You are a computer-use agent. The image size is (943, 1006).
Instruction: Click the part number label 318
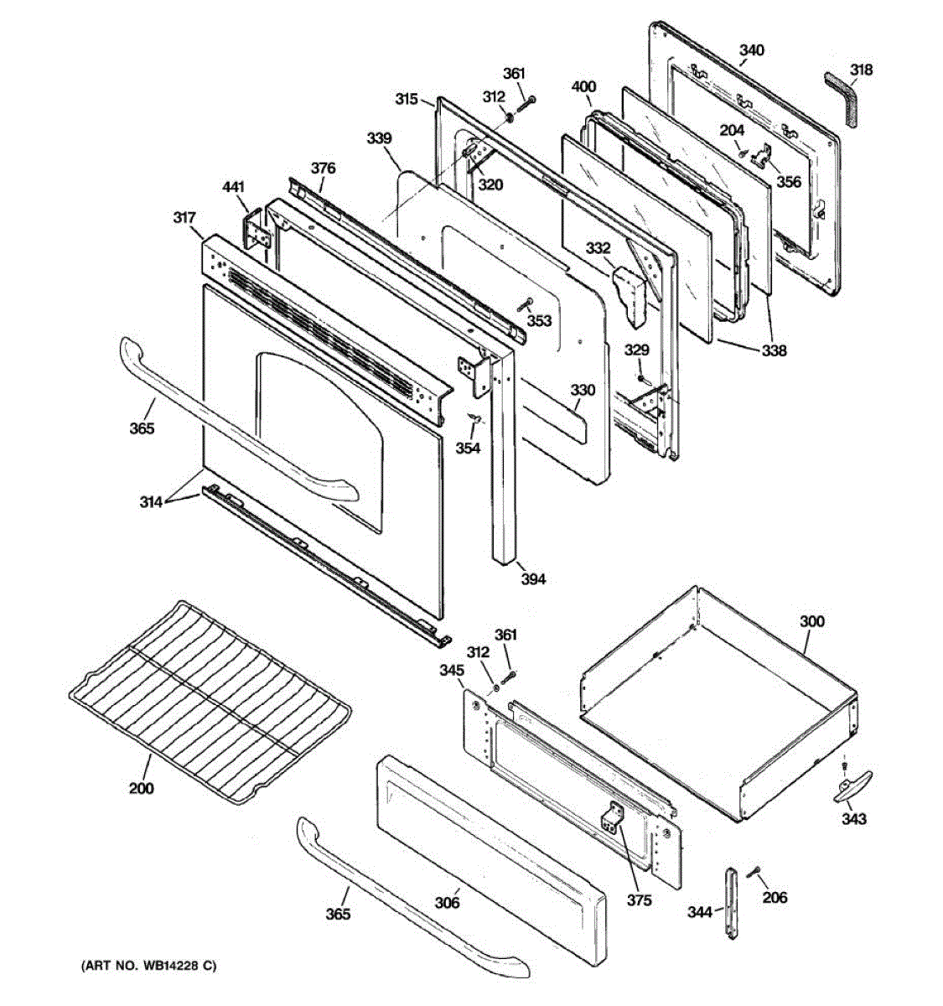point(861,70)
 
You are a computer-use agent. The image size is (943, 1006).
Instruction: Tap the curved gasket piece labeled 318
point(842,96)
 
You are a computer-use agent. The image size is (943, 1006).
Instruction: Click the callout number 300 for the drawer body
point(811,621)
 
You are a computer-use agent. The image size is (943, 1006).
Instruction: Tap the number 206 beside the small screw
point(775,898)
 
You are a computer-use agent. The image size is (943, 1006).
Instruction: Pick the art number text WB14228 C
point(148,967)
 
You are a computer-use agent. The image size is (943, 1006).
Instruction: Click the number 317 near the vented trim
point(185,218)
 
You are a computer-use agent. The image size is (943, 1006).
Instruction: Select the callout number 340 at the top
point(751,50)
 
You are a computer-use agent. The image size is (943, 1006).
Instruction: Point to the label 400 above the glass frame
point(583,87)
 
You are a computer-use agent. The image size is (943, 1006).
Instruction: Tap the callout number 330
point(583,390)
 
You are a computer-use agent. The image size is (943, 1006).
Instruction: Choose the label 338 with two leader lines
point(774,351)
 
